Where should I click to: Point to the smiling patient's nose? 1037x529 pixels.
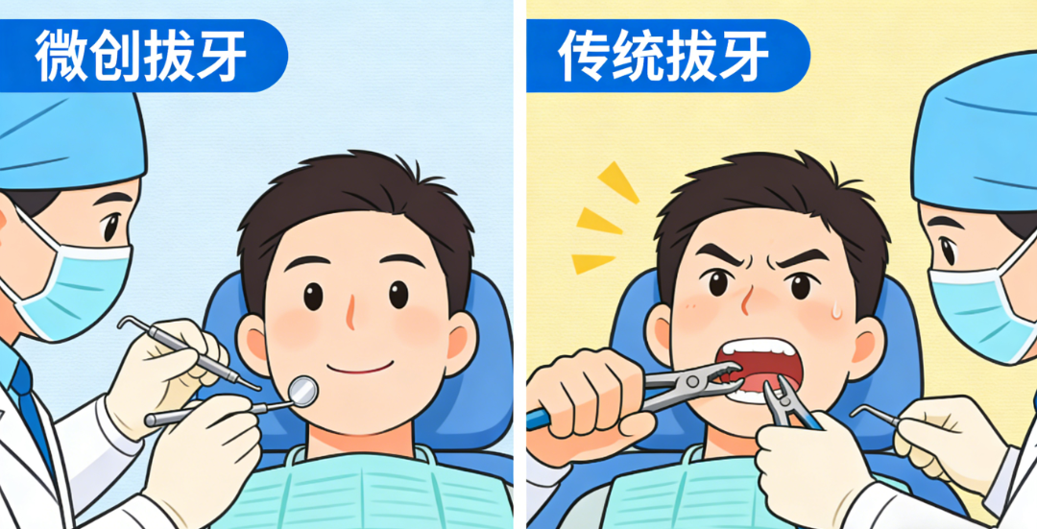350,312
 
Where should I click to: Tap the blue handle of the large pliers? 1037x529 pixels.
540,417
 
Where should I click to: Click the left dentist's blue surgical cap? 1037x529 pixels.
67,134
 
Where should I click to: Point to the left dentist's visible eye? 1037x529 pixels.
111,227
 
